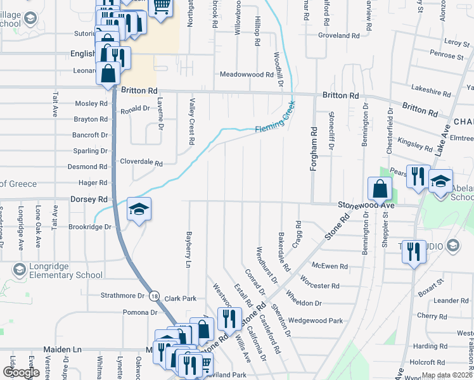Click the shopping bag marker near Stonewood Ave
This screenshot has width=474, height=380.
(380, 188)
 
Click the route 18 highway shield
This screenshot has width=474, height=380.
(155, 295)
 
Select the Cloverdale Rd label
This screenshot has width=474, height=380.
(141, 162)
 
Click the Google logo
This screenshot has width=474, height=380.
(21, 372)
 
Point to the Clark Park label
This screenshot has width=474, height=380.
(180, 298)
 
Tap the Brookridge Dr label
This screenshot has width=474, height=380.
(89, 226)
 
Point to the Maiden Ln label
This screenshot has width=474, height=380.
(63, 349)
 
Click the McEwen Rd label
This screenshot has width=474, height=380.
(330, 267)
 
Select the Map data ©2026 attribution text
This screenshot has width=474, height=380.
(446, 375)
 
